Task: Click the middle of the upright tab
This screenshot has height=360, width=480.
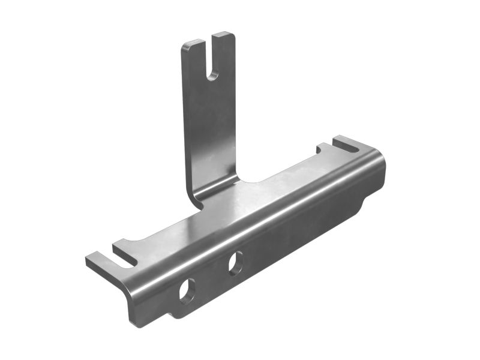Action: click(210, 120)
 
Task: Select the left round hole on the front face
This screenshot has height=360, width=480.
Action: click(187, 291)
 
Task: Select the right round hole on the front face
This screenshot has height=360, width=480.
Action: click(235, 263)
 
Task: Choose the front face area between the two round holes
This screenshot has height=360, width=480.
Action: click(211, 277)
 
